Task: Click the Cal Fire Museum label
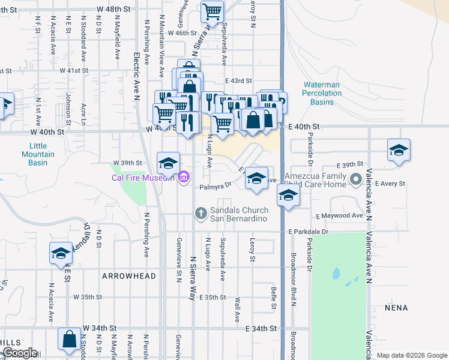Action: [x=143, y=177]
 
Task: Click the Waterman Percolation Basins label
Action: [x=322, y=94]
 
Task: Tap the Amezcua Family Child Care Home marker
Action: [x=355, y=179]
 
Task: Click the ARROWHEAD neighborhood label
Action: [x=129, y=277]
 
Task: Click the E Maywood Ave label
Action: [x=339, y=215]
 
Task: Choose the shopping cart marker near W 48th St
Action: [x=211, y=11]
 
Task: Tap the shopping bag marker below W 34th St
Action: [x=69, y=338]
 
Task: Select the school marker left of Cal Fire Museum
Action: [x=168, y=162]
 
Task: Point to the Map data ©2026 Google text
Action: [x=411, y=355]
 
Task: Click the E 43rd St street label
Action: [x=238, y=81]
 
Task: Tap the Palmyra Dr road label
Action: [x=220, y=185]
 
